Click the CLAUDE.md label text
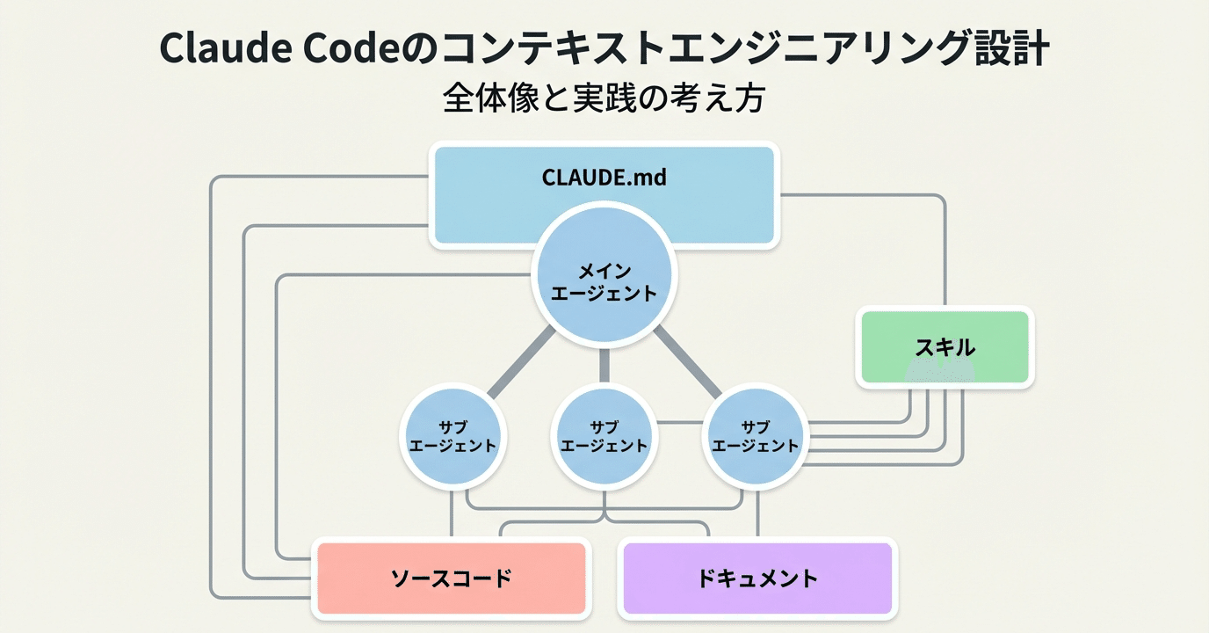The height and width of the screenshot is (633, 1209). coord(604,178)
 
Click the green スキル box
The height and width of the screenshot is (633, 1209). coord(945,347)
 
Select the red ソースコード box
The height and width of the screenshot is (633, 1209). coord(451,578)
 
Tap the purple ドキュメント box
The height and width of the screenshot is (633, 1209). coord(757,578)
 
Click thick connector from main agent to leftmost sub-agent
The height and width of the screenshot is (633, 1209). coord(521,363)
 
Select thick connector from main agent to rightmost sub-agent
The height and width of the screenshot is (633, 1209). coord(687,363)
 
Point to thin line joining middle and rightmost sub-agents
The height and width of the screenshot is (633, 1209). coord(680,423)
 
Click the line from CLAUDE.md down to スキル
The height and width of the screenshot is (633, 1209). coord(945,255)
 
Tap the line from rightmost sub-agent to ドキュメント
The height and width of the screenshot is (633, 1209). coord(757,514)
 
